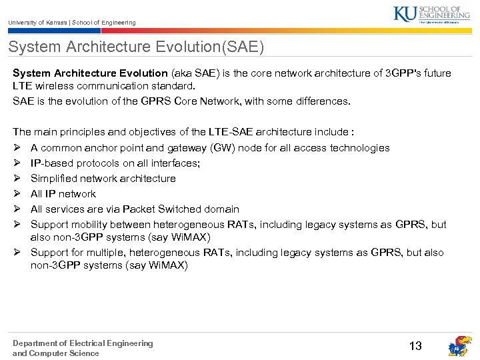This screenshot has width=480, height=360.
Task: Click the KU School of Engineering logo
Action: [431, 14]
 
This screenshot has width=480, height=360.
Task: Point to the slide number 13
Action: [415, 345]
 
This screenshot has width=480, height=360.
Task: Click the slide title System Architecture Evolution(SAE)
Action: [136, 47]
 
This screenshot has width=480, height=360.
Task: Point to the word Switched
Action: [183, 209]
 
